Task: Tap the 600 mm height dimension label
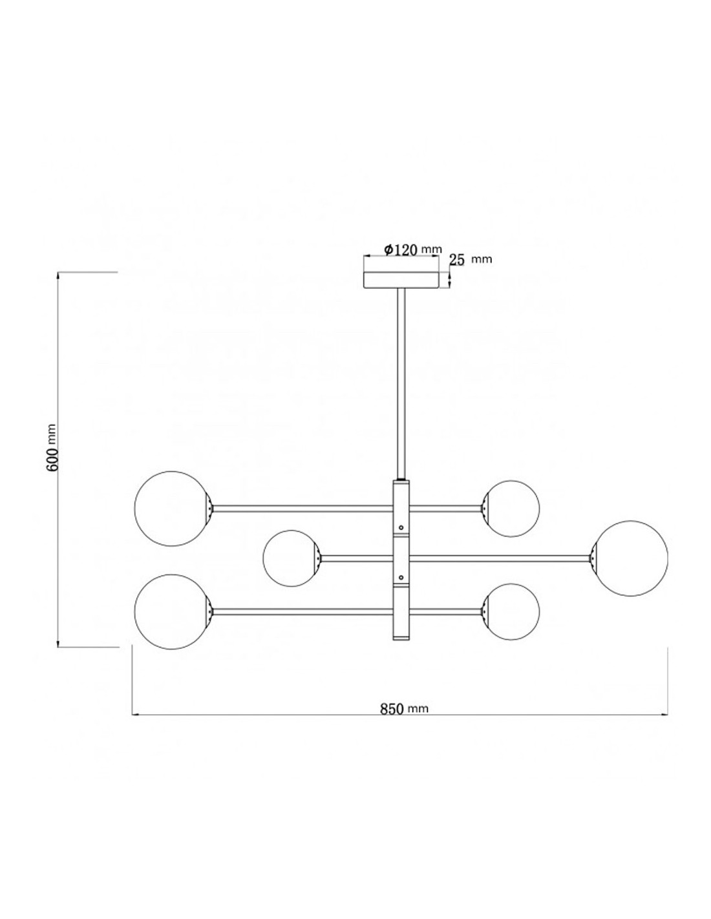[x=52, y=447]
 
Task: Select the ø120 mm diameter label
[x=413, y=249]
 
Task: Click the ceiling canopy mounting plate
[x=401, y=280]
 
